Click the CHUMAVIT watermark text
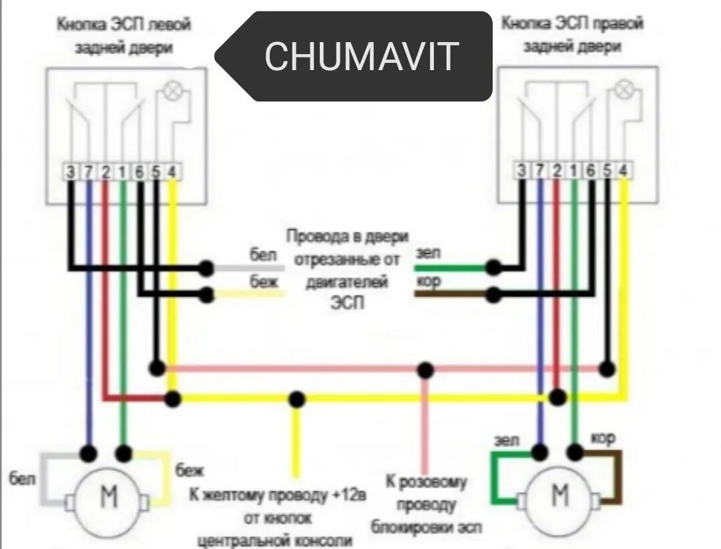(361, 56)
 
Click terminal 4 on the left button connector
(172, 172)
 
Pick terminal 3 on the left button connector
(70, 172)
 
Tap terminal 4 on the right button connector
(624, 170)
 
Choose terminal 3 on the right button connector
(521, 170)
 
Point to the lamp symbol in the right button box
(624, 89)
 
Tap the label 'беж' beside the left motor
(186, 472)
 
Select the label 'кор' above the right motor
(603, 438)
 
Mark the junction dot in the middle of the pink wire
(424, 369)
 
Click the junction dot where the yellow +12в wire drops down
(297, 399)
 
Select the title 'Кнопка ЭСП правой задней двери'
(572, 35)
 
